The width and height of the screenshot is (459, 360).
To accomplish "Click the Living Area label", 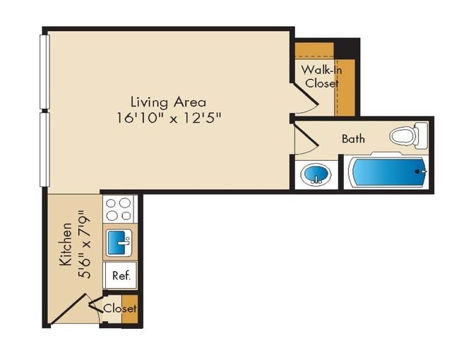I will click(x=168, y=102).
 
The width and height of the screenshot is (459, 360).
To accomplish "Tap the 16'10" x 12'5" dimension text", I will click(x=169, y=118).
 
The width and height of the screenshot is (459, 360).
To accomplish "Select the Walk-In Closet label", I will click(x=321, y=76).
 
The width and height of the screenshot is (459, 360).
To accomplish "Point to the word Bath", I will click(x=353, y=139).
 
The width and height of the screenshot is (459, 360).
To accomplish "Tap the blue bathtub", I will click(x=388, y=172).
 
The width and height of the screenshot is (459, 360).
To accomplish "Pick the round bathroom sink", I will click(x=316, y=174).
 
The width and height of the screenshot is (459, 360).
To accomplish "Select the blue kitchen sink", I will click(x=119, y=244).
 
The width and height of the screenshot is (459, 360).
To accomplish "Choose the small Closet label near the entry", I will click(x=119, y=308).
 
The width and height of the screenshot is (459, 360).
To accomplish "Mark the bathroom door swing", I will click(x=306, y=143).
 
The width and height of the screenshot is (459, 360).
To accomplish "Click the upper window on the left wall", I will click(x=44, y=71).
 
